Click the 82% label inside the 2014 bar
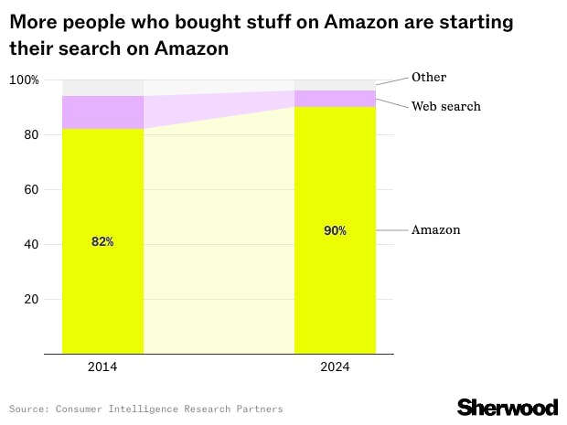[x=102, y=242]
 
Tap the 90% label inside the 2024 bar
[x=335, y=231]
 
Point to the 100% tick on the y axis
[x=24, y=80]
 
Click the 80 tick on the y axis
[x=30, y=135]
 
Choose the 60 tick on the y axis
[x=30, y=190]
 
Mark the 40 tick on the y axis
[x=30, y=245]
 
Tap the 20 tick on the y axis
[x=30, y=300]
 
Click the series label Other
[x=429, y=78]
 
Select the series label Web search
[x=445, y=107]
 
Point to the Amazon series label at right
[x=435, y=230]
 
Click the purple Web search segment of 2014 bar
[x=102, y=112]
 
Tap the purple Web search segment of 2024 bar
[x=335, y=99]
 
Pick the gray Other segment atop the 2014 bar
[x=102, y=88]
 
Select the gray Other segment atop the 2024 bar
[x=335, y=85]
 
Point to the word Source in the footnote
[x=28, y=409]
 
